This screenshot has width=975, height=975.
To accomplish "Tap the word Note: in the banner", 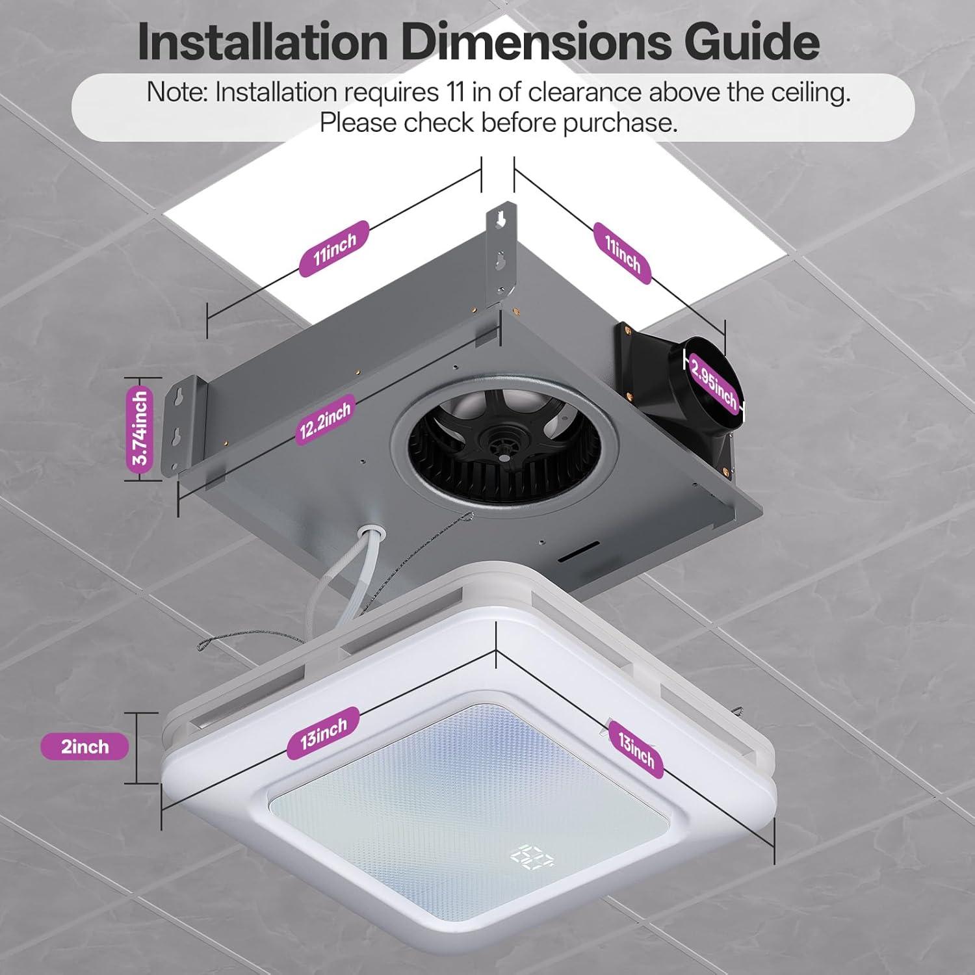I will pos(177,92).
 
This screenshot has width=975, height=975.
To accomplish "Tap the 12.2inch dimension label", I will pos(324,419).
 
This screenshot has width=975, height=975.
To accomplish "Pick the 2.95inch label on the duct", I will pos(714,383).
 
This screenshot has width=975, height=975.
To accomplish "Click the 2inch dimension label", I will pos(84,746).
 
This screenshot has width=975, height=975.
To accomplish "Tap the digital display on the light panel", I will pos(532,857).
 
